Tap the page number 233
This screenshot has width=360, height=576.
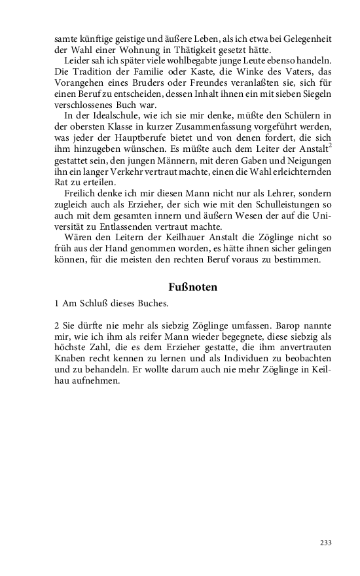(x=325, y=543)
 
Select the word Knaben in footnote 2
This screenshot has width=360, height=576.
(x=71, y=359)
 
